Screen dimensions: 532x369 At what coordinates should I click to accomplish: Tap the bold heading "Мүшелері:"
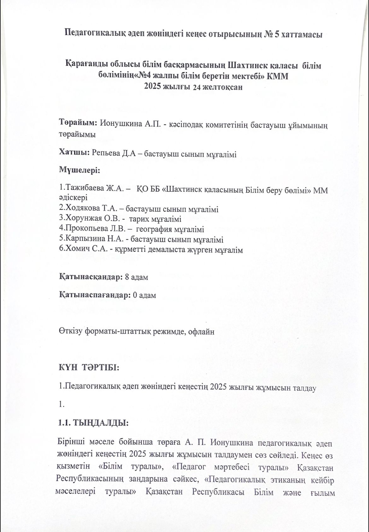79,170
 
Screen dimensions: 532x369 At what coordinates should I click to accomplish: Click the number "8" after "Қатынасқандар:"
127,277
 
